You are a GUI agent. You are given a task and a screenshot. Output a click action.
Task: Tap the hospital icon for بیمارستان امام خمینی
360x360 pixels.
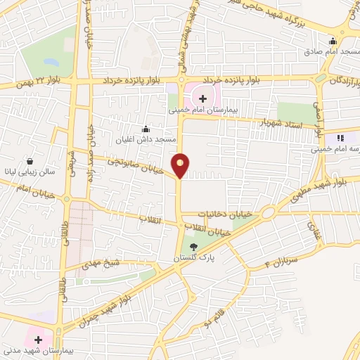[203, 98]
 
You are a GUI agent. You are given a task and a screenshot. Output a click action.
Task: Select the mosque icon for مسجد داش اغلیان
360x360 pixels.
[146, 129]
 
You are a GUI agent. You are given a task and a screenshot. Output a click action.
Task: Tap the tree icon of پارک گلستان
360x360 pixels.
[194, 245]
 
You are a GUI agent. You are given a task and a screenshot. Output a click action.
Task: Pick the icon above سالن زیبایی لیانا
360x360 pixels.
[30, 160]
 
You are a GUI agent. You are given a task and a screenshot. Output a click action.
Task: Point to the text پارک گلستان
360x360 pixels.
[195, 259]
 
